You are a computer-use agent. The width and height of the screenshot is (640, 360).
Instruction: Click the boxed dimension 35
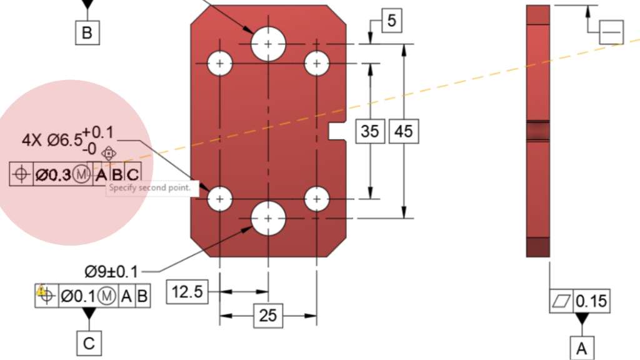pos(370,131)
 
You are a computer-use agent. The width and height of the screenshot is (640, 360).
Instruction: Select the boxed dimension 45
pos(404,131)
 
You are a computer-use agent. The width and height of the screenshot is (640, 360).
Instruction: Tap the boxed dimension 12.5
pos(187,292)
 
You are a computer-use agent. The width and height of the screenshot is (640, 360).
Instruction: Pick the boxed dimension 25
pos(267,316)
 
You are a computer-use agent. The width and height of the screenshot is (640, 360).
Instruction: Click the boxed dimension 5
pos(391,21)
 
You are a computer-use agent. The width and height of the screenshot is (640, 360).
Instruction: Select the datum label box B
pos(87,32)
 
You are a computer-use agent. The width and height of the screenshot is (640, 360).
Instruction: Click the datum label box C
pos(89,343)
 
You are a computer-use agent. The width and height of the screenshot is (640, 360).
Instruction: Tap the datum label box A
pos(582,348)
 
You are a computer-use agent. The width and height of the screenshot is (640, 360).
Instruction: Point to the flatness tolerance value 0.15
pos(591,301)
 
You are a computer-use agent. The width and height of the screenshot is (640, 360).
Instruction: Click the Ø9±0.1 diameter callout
pos(112,271)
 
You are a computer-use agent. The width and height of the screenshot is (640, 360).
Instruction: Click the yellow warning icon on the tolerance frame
pos(42,291)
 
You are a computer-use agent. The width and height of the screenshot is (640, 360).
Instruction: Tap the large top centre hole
pos(269,44)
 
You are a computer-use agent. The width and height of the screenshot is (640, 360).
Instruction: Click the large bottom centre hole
pos(269,218)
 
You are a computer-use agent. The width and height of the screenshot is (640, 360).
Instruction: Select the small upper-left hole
pos(219,62)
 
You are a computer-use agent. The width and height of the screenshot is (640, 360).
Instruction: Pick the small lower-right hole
pos(317,199)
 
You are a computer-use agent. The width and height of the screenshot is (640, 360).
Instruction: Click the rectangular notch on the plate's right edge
pos(337,131)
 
